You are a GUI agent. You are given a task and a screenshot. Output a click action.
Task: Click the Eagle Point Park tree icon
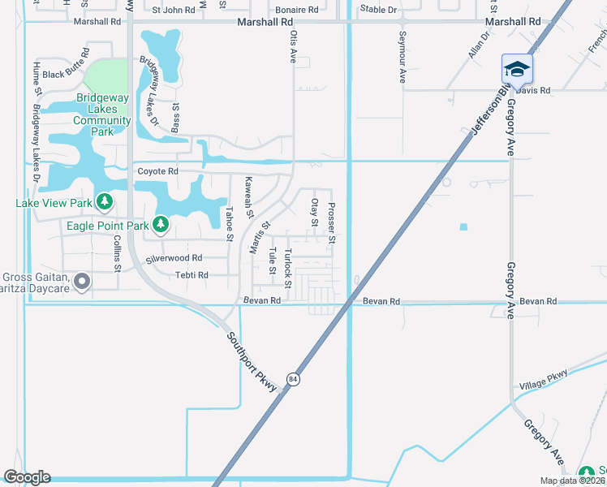pos(161,223)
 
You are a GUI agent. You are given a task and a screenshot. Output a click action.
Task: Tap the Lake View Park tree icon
pos(104,200)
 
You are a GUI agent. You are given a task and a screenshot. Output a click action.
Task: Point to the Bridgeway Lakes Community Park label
pos(102,114)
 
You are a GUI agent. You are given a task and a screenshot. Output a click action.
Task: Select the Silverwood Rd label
pos(174,258)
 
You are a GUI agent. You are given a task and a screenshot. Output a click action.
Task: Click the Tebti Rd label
pos(192,275)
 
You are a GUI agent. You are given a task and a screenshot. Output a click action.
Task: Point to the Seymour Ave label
pos(402,58)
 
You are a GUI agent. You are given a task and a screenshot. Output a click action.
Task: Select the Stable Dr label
pos(378,10)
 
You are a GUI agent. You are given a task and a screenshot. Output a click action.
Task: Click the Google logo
pos(27,477)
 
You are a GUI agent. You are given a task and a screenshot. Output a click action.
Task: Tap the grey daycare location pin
pos(81,282)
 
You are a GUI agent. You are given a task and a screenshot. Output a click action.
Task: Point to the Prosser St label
pos(331,224)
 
